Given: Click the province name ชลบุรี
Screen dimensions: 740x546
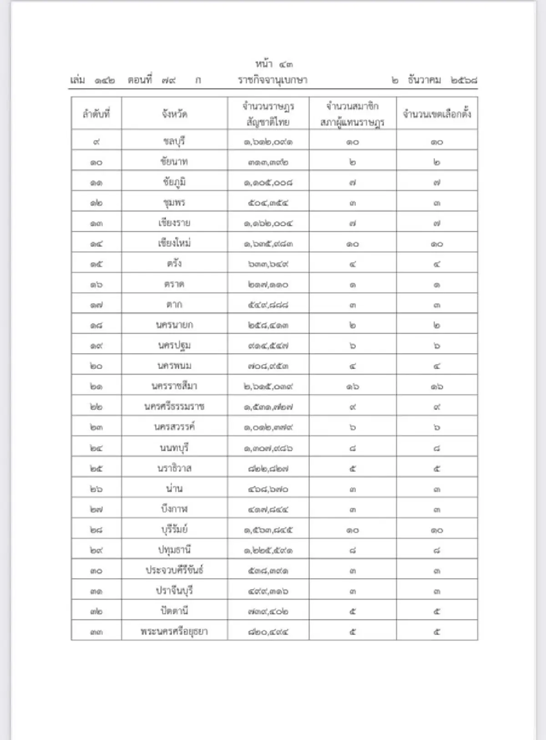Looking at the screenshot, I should point(174,141).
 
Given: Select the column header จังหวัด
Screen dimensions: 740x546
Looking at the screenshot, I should point(174,114).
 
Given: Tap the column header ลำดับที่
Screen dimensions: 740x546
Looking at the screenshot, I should point(96,114).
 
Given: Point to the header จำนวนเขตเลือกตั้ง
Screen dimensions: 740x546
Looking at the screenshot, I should point(437,114).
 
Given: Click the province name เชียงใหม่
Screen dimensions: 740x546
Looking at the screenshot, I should point(174,243).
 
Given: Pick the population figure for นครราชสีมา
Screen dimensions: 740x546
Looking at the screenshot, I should point(268,386).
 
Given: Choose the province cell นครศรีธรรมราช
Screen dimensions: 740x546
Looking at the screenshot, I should point(174,406).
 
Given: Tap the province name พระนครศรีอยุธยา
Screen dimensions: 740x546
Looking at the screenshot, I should point(174,631).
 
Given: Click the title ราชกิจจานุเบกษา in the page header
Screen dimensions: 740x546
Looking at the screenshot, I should point(273,80).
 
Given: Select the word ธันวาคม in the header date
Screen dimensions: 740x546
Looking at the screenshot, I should point(425,80).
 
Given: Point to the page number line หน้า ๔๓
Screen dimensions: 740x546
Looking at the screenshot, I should point(273,64).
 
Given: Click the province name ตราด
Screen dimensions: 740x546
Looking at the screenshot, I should point(174,284).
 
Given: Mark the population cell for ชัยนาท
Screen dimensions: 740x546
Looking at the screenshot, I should point(268,162).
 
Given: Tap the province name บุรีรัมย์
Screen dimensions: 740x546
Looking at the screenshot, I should point(174,530).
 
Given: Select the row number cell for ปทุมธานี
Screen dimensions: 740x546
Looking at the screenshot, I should point(96,550).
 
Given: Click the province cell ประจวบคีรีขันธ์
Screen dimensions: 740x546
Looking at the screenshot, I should point(174,570).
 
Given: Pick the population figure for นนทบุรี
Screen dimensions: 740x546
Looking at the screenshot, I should point(268,448).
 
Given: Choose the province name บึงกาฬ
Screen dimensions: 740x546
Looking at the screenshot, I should point(174,509).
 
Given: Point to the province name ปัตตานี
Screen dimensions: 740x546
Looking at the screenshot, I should point(174,611).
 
